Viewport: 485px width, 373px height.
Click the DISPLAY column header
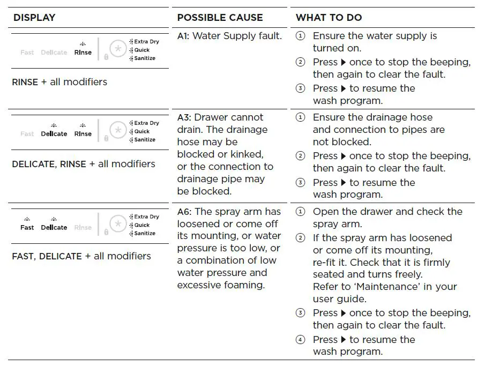pyautogui.click(x=34, y=18)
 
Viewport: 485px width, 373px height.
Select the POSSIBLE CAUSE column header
pyautogui.click(x=220, y=18)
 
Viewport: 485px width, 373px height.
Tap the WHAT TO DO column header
pyautogui.click(x=329, y=18)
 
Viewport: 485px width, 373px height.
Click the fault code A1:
pyautogui.click(x=183, y=36)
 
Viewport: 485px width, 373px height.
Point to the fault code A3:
pyautogui.click(x=184, y=117)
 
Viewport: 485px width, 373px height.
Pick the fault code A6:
pyautogui.click(x=184, y=212)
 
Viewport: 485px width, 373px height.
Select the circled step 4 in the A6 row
pyautogui.click(x=301, y=340)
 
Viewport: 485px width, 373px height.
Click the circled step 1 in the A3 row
pyautogui.click(x=301, y=117)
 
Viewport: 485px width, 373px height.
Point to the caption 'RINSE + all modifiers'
pyautogui.click(x=59, y=82)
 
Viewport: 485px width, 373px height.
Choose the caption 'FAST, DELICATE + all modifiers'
pyautogui.click(x=81, y=256)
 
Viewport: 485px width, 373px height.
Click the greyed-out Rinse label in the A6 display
pyautogui.click(x=83, y=228)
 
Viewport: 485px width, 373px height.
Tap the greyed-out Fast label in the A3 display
pyautogui.click(x=27, y=134)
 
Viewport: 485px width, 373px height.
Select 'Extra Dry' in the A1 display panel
pyautogui.click(x=146, y=41)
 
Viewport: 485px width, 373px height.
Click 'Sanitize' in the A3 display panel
pyautogui.click(x=145, y=140)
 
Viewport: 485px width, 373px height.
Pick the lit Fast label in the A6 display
pyautogui.click(x=27, y=228)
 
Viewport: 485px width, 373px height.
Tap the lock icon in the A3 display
pyautogui.click(x=106, y=138)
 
